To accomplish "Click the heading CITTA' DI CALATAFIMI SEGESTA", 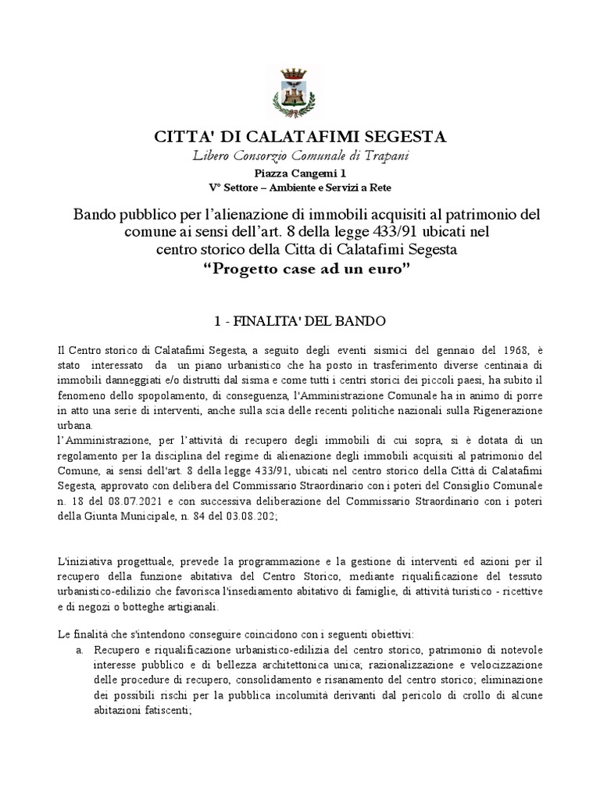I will point(300,137).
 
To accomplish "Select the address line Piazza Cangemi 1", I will point(300,173).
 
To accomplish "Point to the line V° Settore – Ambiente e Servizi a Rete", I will point(300,187).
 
